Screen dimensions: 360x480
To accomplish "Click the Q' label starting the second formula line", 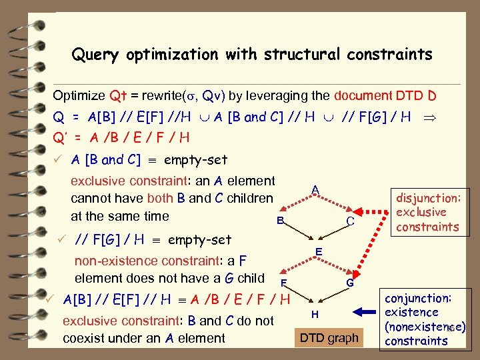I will tap(61, 138).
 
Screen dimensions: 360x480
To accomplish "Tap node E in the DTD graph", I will tap(319, 251).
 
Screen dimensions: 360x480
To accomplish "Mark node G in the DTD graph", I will tap(349, 283).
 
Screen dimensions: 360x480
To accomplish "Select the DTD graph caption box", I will tap(329, 338).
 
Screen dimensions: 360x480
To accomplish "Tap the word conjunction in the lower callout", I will tap(419, 298).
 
